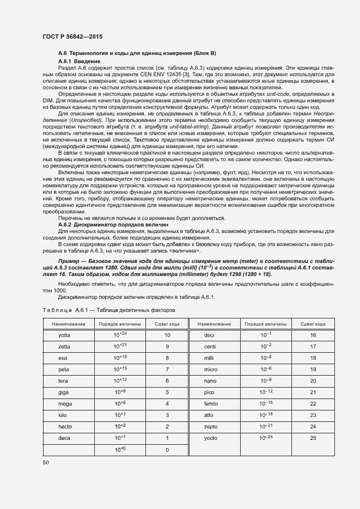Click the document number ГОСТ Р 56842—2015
tap(72, 36)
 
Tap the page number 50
tap(46, 462)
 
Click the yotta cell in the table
tap(64, 335)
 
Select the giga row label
tap(63, 392)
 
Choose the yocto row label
tap(210, 438)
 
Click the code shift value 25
tap(313, 438)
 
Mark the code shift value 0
tap(167, 450)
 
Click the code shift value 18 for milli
tap(313, 358)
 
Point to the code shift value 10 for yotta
tap(167, 335)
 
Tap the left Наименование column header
tap(69, 324)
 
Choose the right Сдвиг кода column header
tap(313, 324)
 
